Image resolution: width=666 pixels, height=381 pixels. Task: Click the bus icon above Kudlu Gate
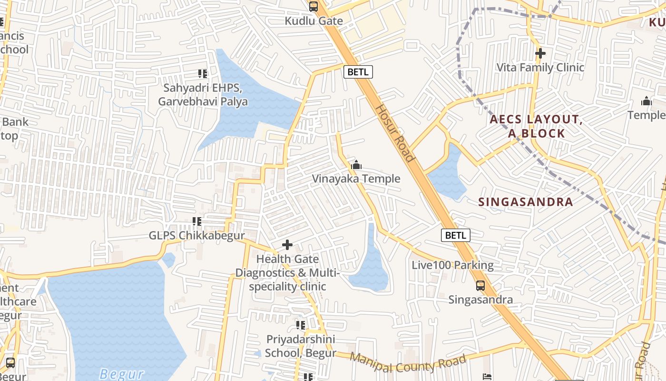(313, 7)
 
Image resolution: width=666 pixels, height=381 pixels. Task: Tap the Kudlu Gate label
(313, 21)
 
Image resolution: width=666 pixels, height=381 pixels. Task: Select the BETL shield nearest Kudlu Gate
(358, 72)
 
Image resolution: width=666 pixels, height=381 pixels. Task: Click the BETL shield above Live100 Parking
(456, 235)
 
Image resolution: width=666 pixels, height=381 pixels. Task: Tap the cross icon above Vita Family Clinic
(540, 53)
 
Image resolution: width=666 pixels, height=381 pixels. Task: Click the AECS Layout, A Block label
(536, 126)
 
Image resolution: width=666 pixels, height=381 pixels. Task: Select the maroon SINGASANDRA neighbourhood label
(526, 202)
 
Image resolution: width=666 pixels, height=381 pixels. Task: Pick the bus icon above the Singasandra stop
(480, 286)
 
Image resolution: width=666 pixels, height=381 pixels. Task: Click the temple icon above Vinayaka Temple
(356, 166)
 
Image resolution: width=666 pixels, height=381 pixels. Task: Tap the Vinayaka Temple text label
(356, 179)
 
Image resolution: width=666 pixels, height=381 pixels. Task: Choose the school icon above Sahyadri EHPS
(203, 74)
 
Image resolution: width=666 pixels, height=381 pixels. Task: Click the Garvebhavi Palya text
(203, 101)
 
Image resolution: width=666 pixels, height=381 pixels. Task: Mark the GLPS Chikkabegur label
(196, 235)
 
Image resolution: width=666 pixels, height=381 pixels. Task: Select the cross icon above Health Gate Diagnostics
(287, 245)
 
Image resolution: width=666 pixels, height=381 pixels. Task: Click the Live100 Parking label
(452, 265)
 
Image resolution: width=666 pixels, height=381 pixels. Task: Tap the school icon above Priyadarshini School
(300, 325)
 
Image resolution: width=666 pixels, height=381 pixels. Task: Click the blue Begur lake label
(122, 373)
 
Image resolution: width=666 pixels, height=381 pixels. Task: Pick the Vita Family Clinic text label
(540, 67)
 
